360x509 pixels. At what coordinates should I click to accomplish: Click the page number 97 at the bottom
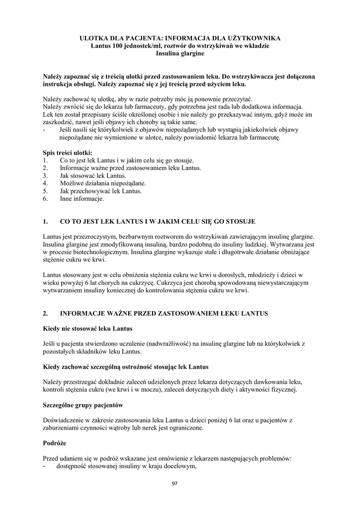[175, 484]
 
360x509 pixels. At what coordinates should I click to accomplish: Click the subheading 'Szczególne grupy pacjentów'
[83, 405]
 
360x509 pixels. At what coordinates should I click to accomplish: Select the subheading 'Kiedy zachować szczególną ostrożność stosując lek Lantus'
[125, 367]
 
